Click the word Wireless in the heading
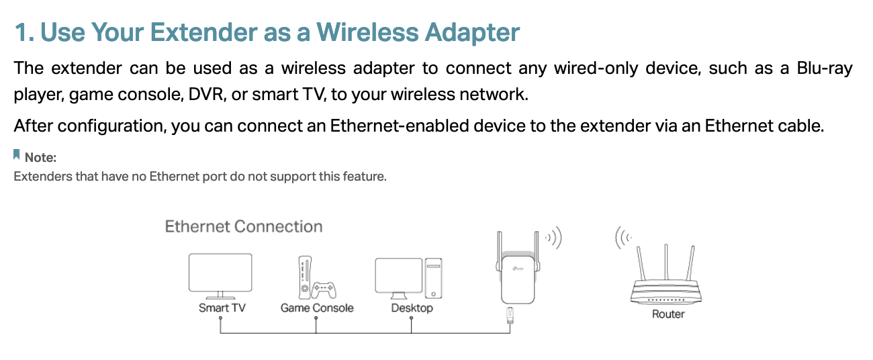tap(367, 32)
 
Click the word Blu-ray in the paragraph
tap(825, 69)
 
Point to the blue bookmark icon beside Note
tap(16, 154)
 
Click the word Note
tap(40, 157)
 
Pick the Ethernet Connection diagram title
tap(244, 226)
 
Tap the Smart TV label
tap(222, 308)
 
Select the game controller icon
tap(324, 290)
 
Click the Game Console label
tap(317, 308)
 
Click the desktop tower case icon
tap(433, 278)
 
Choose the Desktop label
tap(412, 308)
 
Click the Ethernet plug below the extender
tap(510, 315)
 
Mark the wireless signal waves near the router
tap(623, 237)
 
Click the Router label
tap(668, 314)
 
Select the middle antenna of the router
tap(666, 262)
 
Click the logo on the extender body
tap(518, 268)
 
